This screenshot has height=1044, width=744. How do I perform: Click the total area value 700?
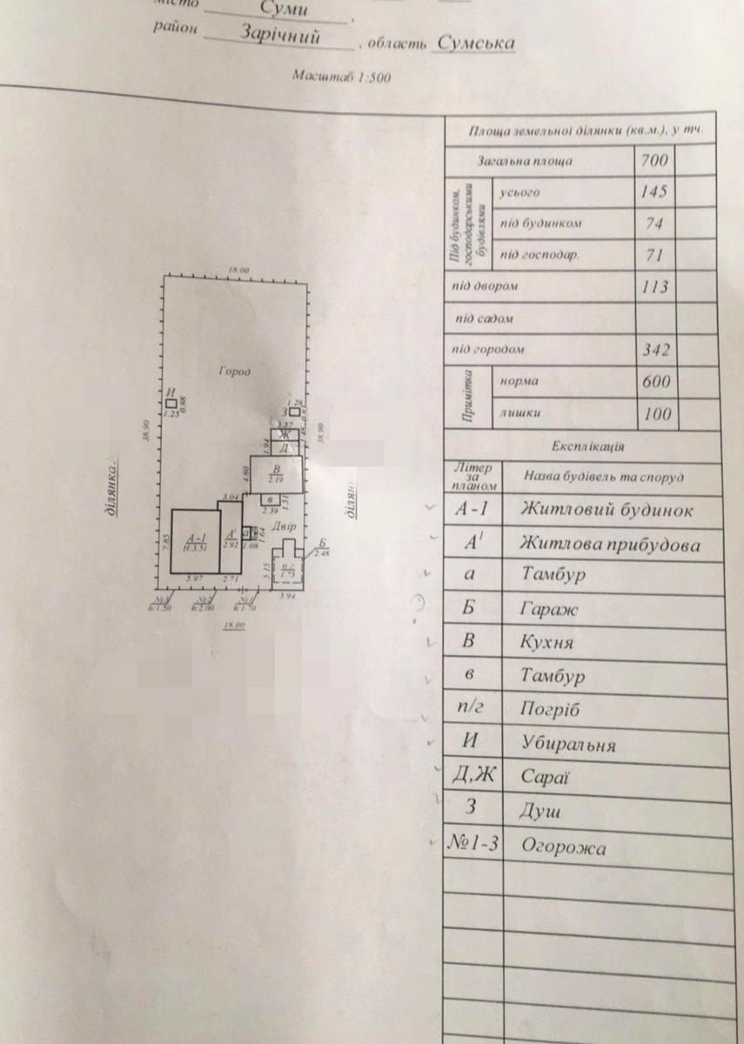pos(654,161)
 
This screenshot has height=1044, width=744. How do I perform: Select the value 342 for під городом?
pos(654,351)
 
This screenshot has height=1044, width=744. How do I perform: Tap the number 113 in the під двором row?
pos(654,287)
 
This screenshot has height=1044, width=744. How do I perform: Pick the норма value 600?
pos(655,382)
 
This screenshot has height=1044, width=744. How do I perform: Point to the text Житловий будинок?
pos(607,510)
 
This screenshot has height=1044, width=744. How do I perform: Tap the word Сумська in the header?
pos(476,43)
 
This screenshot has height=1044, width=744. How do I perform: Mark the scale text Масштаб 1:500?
pos(343,77)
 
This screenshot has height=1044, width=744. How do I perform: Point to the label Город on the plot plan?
pos(235,371)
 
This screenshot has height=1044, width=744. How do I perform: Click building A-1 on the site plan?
pos(194,542)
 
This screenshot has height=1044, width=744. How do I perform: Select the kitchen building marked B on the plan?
pos(277,475)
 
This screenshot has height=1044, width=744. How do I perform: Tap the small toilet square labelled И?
pos(172,404)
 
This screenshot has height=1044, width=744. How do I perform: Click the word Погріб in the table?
pos(549,709)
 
